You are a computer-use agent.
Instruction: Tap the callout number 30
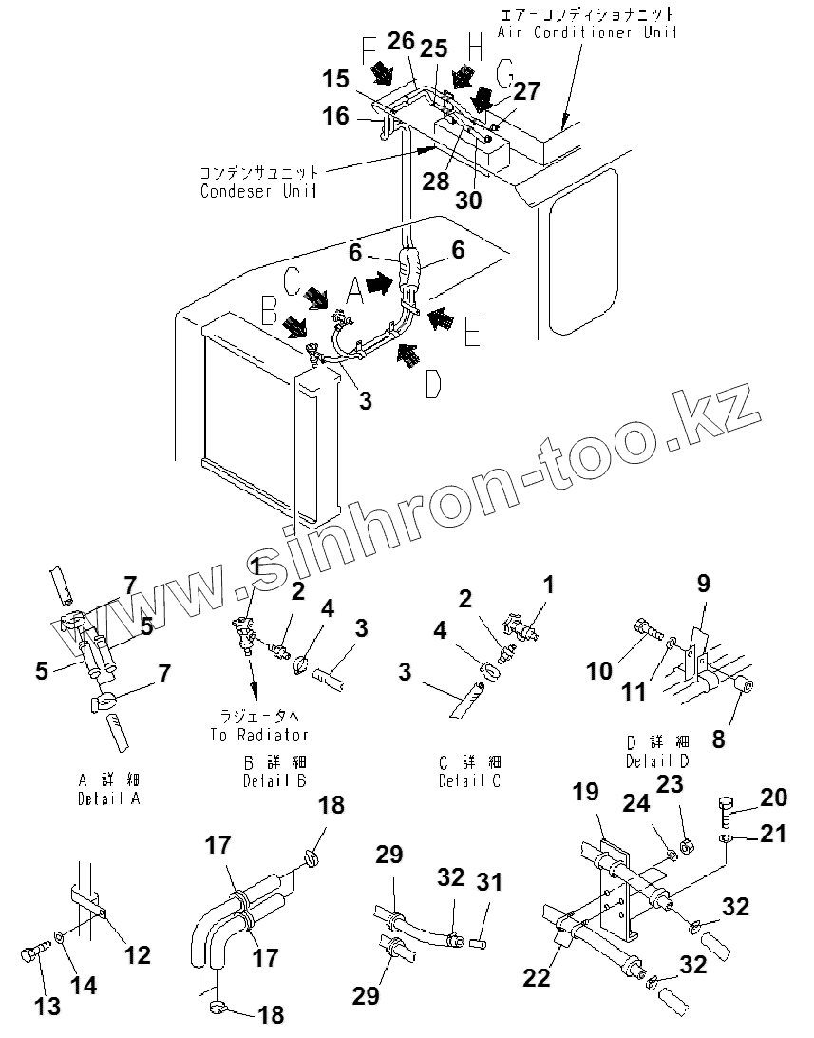click(469, 200)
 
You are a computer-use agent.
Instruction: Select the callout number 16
click(336, 116)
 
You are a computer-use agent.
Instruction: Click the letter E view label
click(473, 332)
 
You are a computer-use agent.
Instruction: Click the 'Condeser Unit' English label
click(259, 190)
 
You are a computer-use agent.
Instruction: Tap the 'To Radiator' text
click(258, 735)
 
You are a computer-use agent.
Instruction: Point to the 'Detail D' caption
click(656, 760)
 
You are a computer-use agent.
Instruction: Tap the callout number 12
click(138, 953)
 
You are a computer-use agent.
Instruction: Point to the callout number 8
click(718, 738)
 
